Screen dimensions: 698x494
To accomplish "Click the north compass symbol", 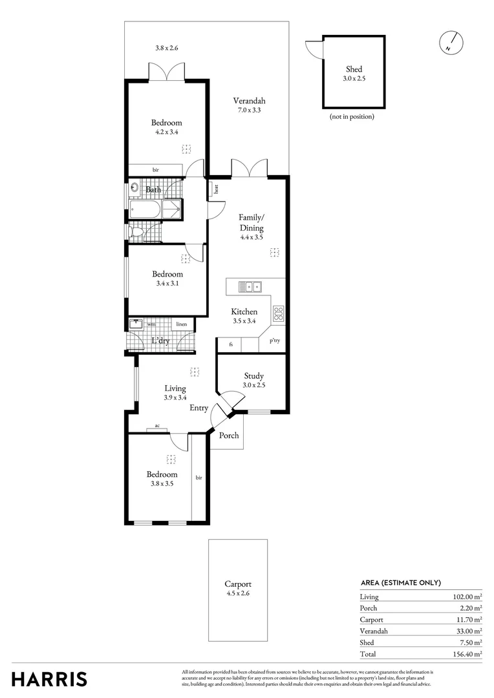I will tap(451, 42).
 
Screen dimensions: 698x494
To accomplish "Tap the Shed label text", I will tap(354, 69).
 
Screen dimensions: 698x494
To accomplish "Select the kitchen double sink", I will tap(249, 286).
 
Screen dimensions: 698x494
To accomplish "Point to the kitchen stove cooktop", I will tap(279, 314).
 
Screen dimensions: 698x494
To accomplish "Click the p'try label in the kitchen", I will tap(274, 341).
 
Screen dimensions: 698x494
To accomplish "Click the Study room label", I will tap(254, 376).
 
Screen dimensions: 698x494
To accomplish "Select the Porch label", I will tap(228, 436).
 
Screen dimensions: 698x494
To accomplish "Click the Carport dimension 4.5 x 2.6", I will tap(237, 593).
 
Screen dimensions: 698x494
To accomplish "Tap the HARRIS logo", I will tap(49, 679).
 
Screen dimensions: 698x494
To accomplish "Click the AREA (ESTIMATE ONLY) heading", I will tap(400, 582).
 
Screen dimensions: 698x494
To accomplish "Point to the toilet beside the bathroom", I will tap(136, 232).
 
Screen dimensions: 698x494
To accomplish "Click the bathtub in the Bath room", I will tap(145, 209).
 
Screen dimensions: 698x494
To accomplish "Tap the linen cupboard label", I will tap(182, 324).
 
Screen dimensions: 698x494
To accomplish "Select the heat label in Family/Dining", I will tap(216, 189).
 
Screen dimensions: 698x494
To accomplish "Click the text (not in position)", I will tap(352, 116).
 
